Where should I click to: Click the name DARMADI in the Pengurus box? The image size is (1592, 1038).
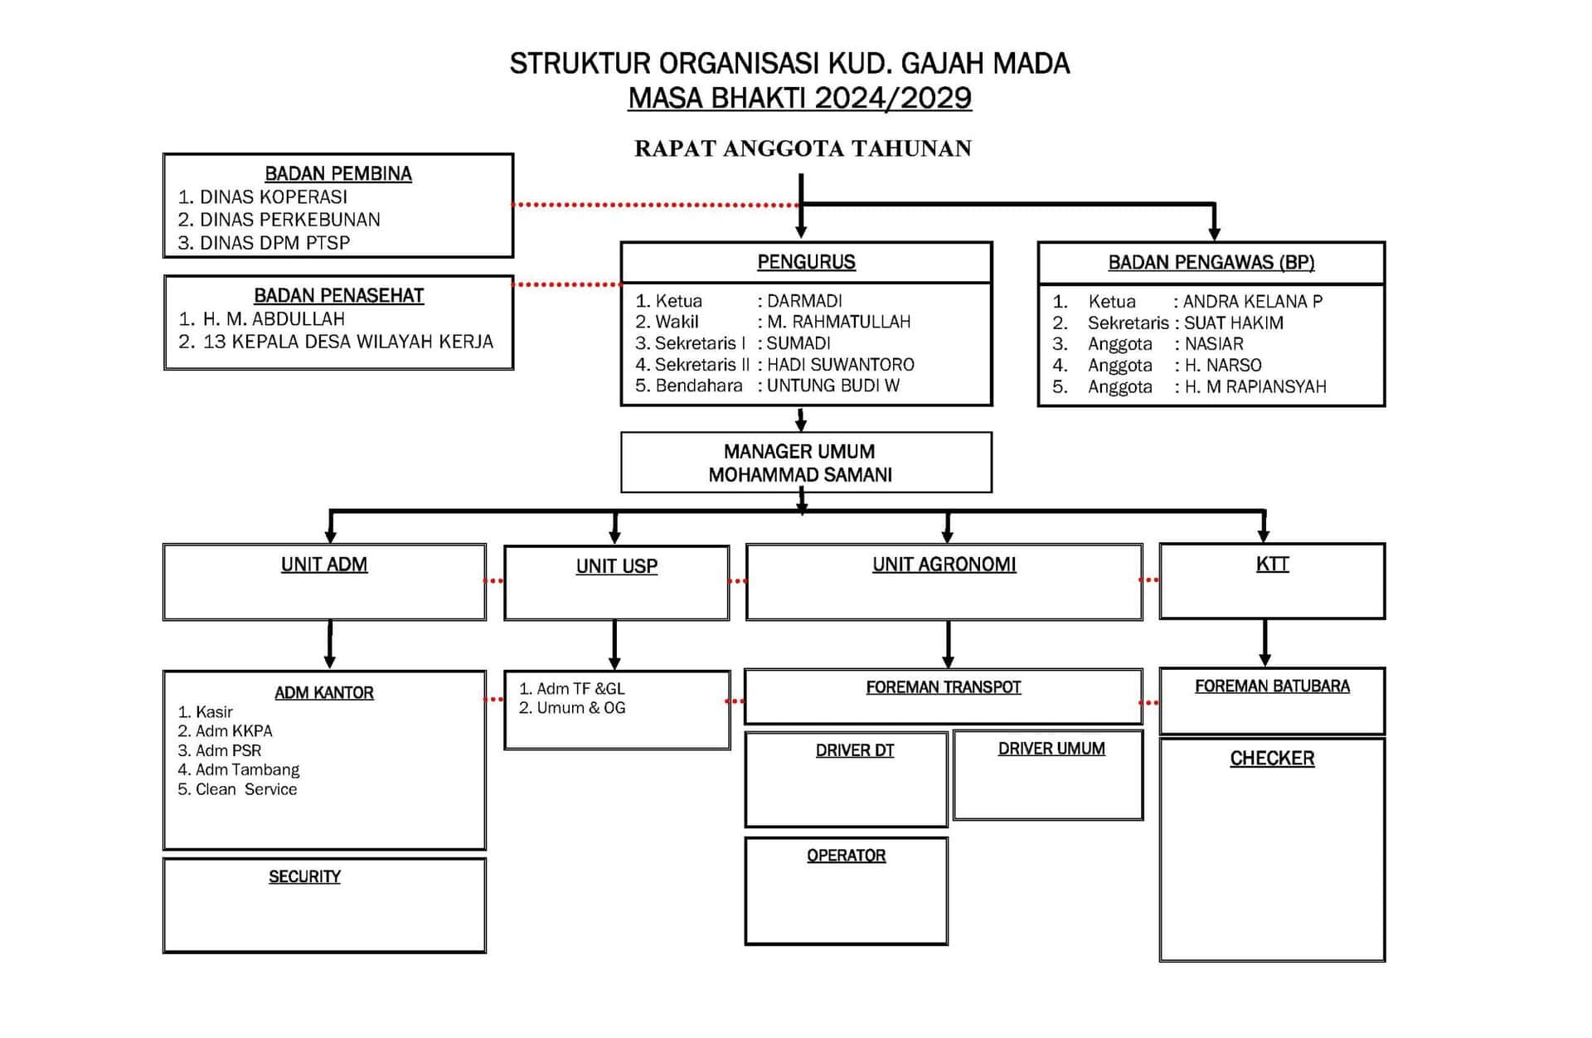[804, 301]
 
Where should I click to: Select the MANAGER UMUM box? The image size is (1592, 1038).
[806, 463]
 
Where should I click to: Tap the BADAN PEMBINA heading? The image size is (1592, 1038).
[338, 173]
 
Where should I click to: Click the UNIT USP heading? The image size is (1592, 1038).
[617, 566]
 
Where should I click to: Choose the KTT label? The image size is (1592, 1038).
[1272, 564]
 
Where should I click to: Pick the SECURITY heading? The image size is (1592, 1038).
[304, 876]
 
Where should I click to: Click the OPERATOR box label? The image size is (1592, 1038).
[846, 856]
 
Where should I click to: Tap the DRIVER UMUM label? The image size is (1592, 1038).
[1051, 749]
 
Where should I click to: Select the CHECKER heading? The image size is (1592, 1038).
[1272, 759]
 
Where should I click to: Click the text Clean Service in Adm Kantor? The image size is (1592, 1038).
[246, 789]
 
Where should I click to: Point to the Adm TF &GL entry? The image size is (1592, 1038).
[580, 689]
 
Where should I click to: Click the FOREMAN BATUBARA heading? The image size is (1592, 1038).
[1272, 686]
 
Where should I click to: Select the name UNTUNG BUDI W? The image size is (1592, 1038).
[832, 386]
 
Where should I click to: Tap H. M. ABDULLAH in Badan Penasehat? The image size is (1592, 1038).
[274, 319]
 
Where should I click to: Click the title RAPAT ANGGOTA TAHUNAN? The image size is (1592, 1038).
[803, 149]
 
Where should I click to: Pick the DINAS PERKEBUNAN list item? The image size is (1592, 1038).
[289, 220]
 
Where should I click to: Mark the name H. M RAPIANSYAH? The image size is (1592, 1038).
[1255, 387]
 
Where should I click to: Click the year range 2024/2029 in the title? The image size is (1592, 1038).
[893, 99]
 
